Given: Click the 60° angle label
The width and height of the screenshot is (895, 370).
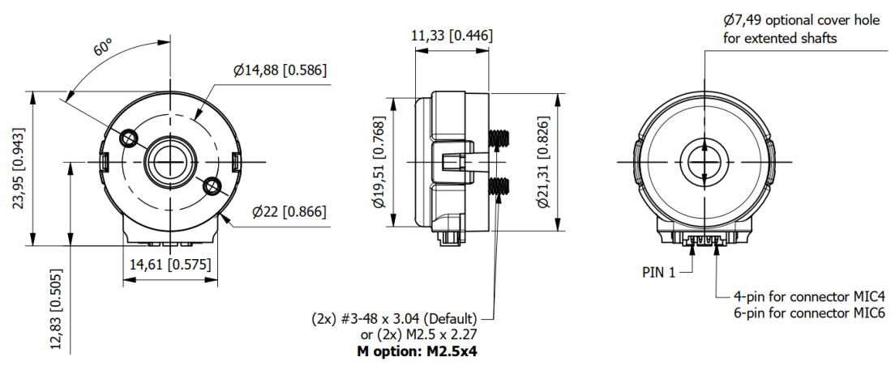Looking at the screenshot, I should [x=102, y=48].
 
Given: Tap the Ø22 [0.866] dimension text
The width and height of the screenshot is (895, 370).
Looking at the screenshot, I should [x=289, y=212].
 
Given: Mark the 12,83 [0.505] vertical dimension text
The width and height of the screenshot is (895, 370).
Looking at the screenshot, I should [x=58, y=309].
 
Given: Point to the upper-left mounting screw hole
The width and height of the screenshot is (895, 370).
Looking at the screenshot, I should [x=128, y=138].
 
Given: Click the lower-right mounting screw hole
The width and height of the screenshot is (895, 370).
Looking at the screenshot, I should [x=213, y=186].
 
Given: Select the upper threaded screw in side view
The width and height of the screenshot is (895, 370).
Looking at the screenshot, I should [x=500, y=139].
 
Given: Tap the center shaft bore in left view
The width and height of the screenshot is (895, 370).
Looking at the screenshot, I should [x=170, y=162].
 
